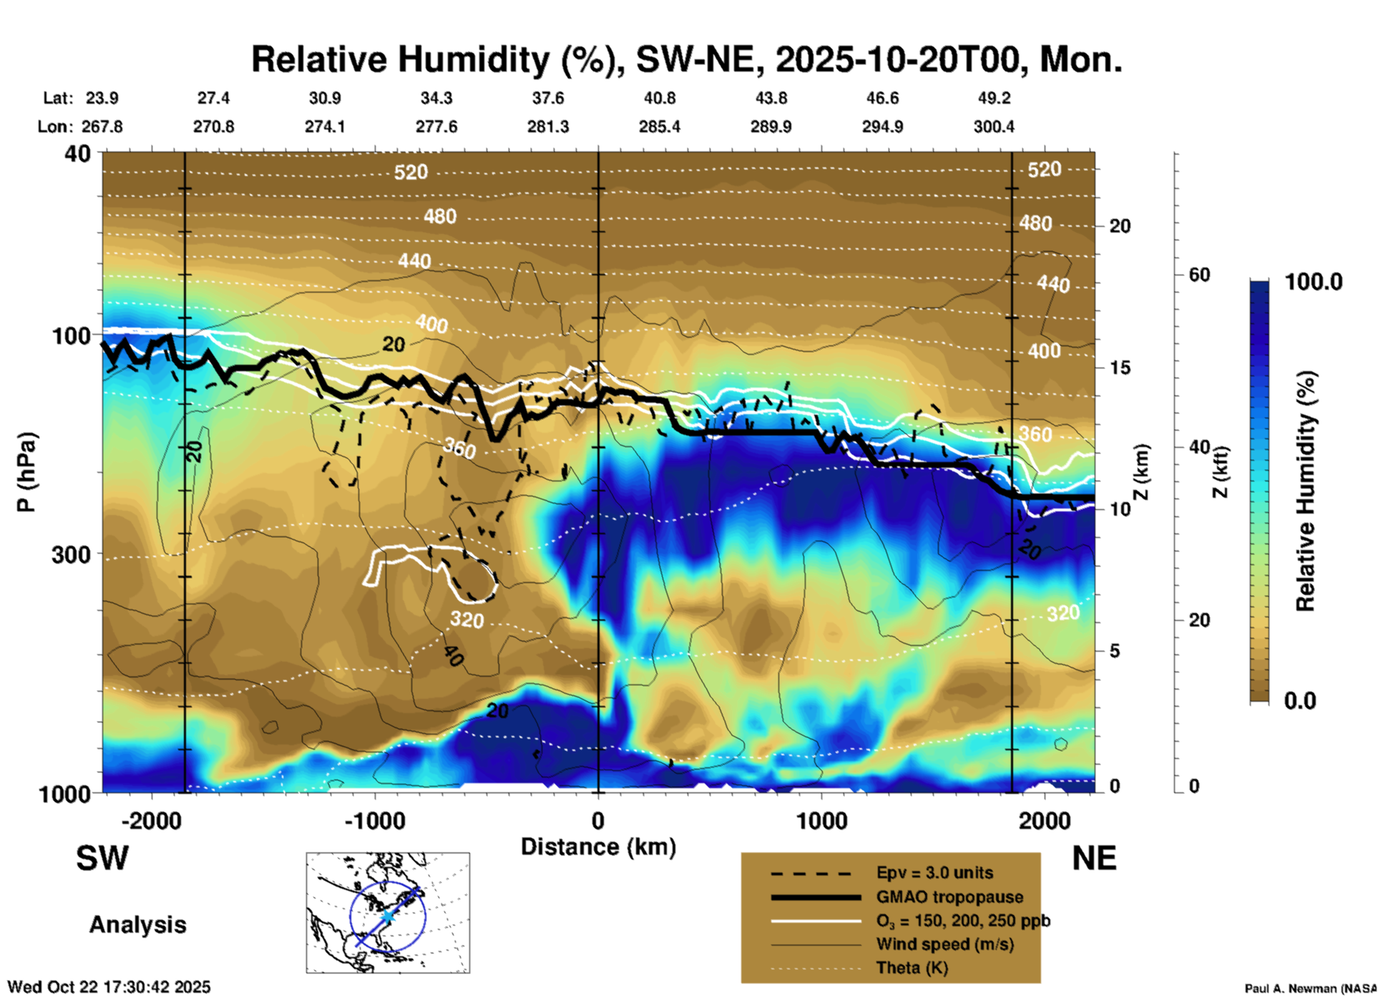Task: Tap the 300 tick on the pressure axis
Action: [x=72, y=554]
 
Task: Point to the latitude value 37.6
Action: [x=548, y=98]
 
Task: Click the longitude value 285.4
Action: [x=659, y=127]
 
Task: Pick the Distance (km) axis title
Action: [x=598, y=847]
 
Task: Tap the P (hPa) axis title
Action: [x=26, y=472]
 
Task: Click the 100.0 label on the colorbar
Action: [x=1314, y=282]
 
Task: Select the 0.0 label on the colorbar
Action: [x=1300, y=700]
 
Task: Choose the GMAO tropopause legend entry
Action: [x=949, y=897]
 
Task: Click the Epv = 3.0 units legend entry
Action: [x=934, y=873]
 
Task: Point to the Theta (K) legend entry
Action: [x=912, y=968]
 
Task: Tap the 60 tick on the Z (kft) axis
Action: [x=1199, y=275]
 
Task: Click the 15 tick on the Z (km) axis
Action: [x=1120, y=368]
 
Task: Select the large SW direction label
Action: [x=102, y=858]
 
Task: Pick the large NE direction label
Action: [x=1094, y=858]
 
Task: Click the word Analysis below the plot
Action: [x=137, y=925]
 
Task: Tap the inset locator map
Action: [x=388, y=913]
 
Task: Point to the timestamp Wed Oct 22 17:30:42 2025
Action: [x=109, y=987]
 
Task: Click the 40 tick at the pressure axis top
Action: [x=78, y=153]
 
